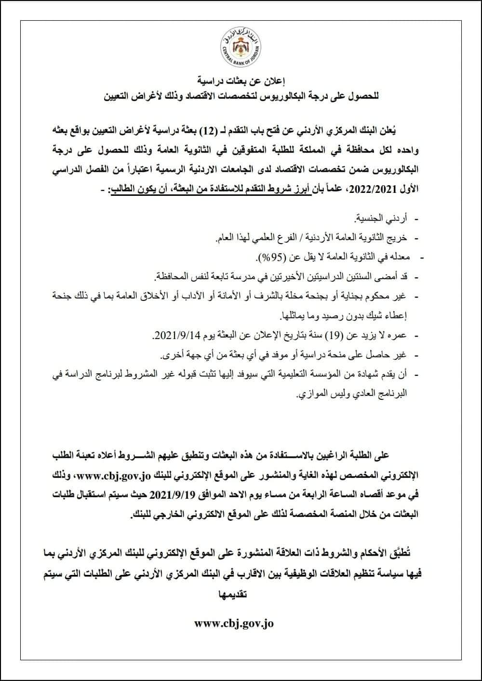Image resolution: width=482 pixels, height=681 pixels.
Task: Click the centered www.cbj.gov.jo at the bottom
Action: (234, 623)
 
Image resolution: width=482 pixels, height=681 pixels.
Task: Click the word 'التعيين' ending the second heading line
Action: (119, 96)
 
